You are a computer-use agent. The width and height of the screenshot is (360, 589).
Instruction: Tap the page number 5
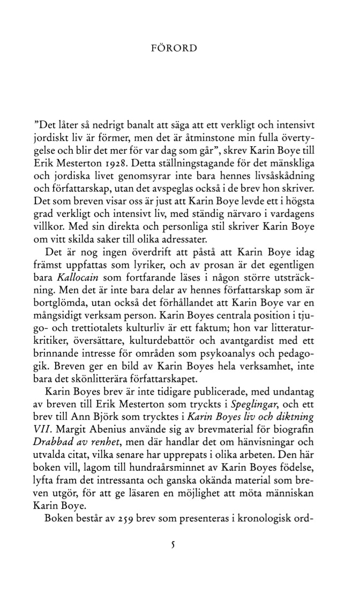click(x=172, y=546)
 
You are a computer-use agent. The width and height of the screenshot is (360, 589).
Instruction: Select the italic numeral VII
click(x=44, y=430)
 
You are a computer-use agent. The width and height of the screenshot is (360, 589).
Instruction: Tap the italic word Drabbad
click(x=53, y=443)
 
